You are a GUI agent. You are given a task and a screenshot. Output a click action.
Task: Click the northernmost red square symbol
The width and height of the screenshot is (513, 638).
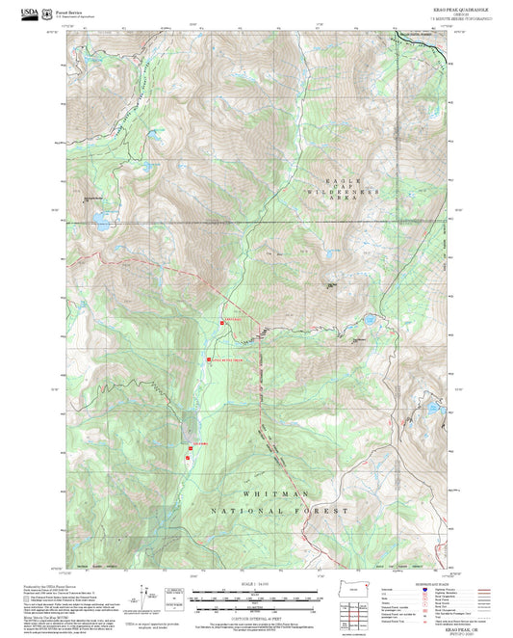tap(222, 323)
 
